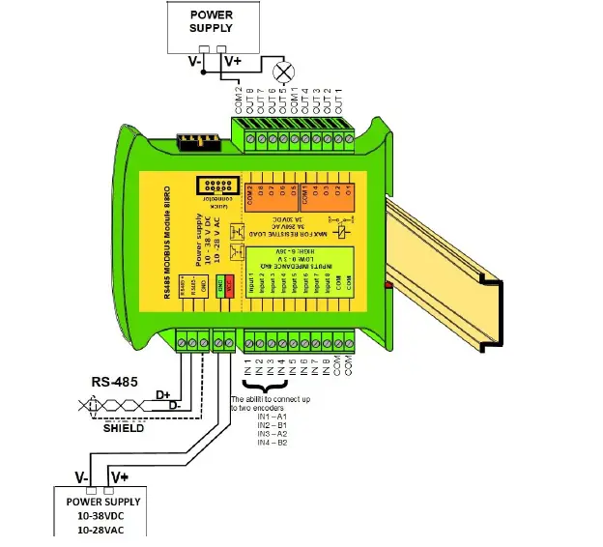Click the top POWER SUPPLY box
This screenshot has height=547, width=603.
coord(211,26)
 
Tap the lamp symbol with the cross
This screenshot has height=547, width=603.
coord(284,72)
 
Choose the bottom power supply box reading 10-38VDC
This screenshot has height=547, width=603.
coord(102,514)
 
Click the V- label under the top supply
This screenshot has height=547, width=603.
coord(195,61)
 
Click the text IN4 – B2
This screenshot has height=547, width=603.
coord(273,442)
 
